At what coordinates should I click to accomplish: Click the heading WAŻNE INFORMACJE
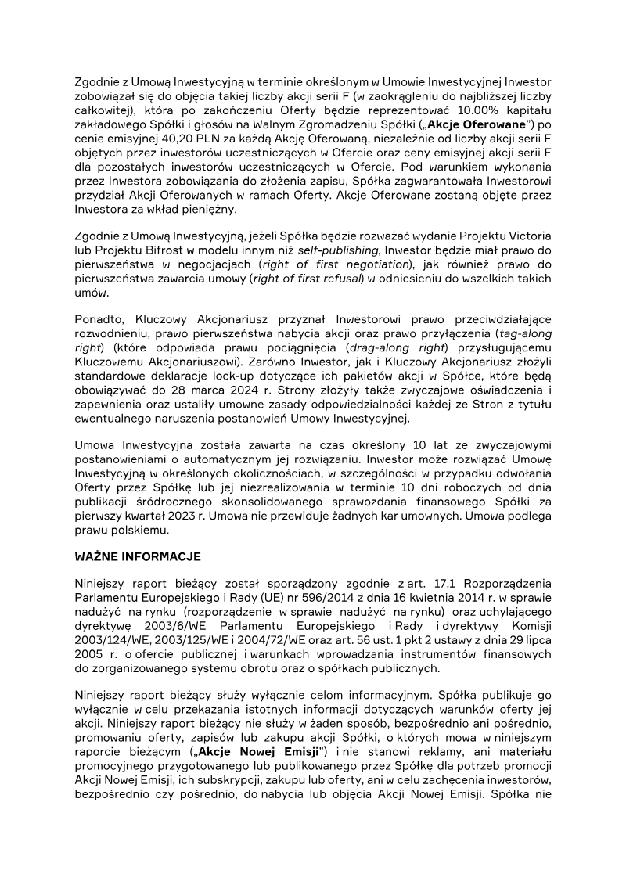click(x=138, y=556)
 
